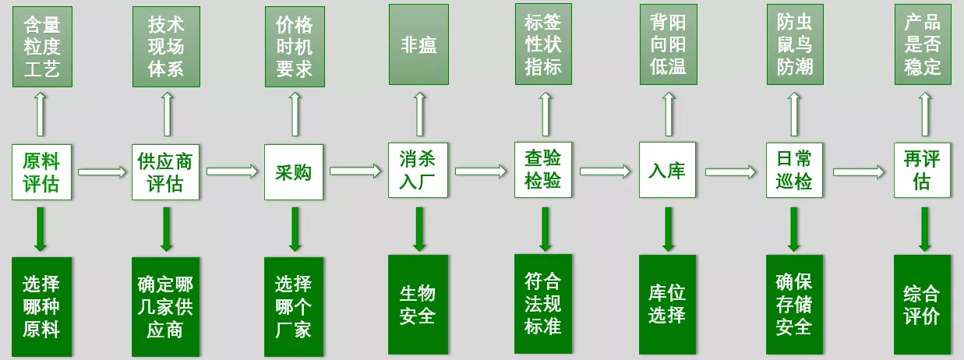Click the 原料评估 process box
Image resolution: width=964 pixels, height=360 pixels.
pos(41,171)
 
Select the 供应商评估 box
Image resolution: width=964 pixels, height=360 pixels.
pos(166,171)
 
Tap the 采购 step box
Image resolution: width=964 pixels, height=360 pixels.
pos(294,171)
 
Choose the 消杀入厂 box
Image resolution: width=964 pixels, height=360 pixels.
pos(418,171)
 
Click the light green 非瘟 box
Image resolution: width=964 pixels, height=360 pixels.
pos(418,44)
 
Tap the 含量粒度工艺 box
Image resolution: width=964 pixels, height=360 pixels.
pos(42,47)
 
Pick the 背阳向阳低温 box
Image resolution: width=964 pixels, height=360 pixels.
pos(668,44)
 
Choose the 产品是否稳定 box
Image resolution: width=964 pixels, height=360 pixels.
pos(923,44)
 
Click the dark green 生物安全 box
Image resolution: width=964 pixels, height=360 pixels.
pos(418,304)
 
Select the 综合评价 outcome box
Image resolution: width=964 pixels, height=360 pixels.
pos(922,304)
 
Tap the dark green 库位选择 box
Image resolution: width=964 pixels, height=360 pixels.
pos(667,304)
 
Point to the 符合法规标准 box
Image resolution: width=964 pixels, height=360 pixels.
pos(543,304)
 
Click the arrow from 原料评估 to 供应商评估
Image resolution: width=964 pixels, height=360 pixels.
pos(102,171)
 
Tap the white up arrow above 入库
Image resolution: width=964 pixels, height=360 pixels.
pos(668,114)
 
